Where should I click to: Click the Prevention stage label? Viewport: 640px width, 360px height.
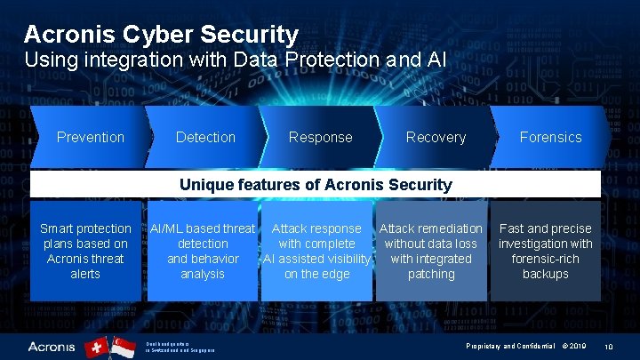[x=90, y=137]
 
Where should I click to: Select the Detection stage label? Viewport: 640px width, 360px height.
[x=205, y=137]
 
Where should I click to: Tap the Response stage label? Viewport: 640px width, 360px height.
[x=320, y=137]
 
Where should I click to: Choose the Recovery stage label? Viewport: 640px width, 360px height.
[x=436, y=137]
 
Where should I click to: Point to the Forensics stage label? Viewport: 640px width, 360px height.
[x=550, y=137]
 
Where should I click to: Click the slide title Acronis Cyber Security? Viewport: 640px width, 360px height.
[x=161, y=35]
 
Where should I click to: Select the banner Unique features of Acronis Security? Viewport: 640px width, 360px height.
[x=316, y=185]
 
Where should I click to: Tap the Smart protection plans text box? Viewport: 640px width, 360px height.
[x=85, y=252]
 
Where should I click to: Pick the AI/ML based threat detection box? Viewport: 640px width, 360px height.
[x=203, y=252]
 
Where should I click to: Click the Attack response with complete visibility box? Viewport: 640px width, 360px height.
[x=316, y=252]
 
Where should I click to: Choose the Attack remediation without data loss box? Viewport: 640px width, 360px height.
[x=431, y=252]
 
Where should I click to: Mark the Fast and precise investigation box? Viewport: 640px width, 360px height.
[x=545, y=252]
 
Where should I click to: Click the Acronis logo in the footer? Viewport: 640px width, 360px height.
[x=52, y=345]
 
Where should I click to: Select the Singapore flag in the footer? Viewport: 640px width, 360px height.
[x=122, y=346]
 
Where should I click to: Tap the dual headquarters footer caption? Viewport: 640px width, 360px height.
[x=179, y=346]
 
